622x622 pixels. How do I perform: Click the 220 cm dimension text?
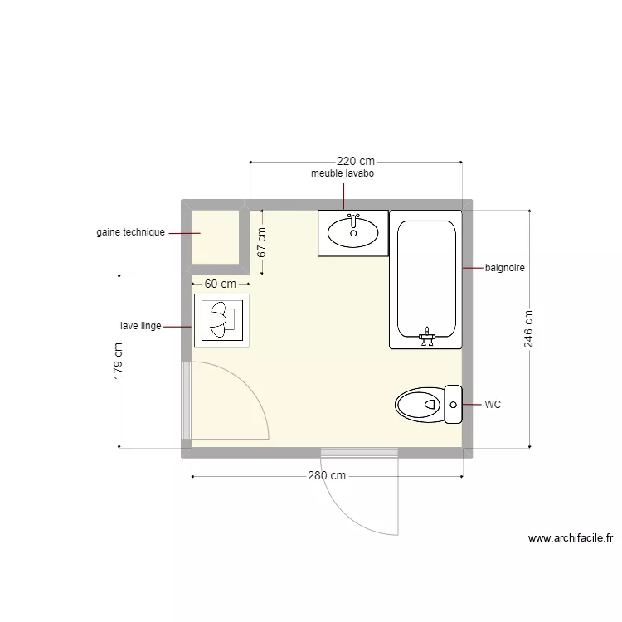(356, 161)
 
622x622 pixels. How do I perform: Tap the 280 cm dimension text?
(327, 476)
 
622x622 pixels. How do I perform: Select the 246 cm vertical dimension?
(529, 329)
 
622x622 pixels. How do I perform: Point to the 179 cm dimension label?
(119, 362)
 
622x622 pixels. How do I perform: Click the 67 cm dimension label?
(261, 241)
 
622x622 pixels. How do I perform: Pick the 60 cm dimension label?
(220, 284)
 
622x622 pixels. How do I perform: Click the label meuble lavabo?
(343, 174)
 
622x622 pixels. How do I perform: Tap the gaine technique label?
(131, 233)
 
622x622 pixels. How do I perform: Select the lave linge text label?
(140, 326)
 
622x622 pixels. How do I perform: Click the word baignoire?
(505, 268)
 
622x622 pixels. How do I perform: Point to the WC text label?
(493, 405)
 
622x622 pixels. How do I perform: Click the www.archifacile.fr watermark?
(570, 538)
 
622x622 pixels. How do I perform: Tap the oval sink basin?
(354, 232)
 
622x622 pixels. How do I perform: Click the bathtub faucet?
(427, 337)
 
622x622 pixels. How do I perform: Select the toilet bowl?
(419, 405)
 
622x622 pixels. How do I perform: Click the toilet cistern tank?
(453, 405)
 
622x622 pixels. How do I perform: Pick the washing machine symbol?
(221, 321)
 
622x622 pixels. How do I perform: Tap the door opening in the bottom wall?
(360, 452)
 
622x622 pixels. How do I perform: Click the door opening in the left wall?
(187, 401)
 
